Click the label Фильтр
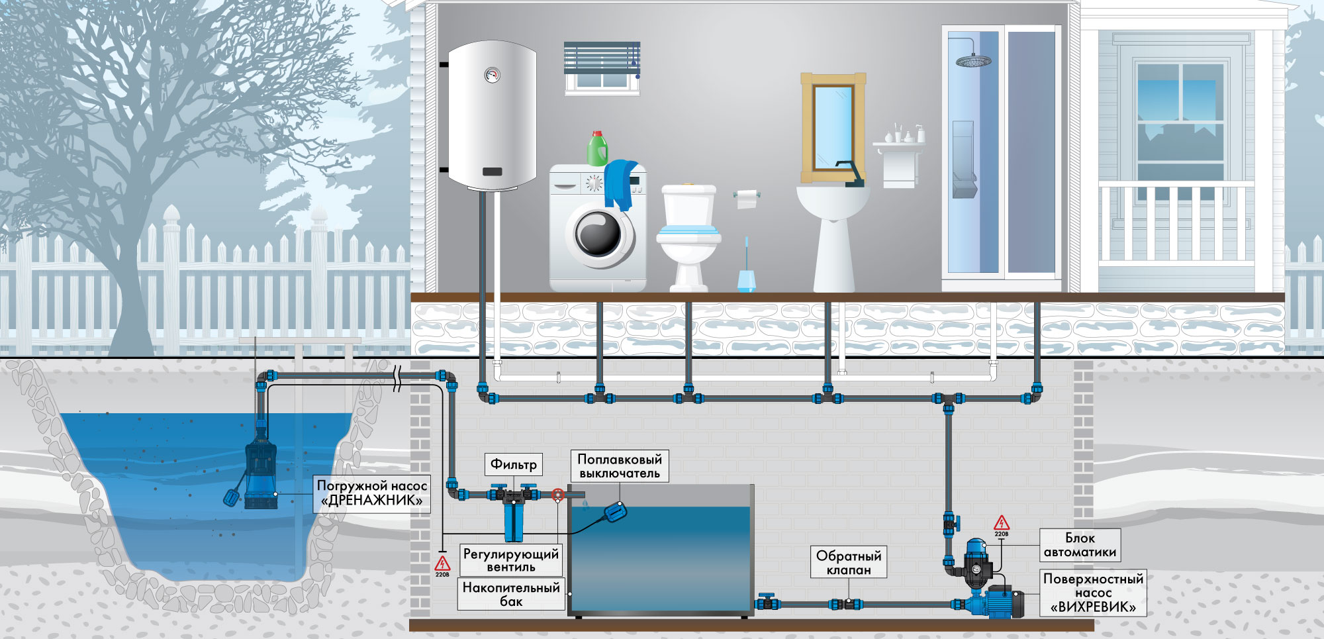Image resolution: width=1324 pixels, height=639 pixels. coord(514,464)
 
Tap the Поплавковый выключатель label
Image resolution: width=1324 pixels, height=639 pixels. coord(620,466)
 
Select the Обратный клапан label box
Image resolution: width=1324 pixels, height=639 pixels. coord(849,562)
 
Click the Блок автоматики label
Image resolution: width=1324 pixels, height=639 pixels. coord(1080,545)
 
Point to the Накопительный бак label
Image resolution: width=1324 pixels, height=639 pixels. coord(511,594)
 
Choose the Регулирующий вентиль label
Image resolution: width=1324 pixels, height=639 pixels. coord(511,560)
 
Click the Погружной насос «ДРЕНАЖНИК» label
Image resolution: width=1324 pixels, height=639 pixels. coord(371,493)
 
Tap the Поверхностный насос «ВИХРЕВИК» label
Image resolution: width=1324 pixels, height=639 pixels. coord(1093,593)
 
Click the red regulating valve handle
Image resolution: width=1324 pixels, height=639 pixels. coord(558,495)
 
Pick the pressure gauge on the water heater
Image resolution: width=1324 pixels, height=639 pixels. coord(492,74)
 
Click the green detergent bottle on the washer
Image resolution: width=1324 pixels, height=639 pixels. coord(598,148)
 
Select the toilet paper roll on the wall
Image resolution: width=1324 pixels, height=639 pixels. coord(747,198)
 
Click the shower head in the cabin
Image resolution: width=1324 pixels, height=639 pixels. coord(973,61)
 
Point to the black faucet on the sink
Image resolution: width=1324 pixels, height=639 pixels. coord(851,173)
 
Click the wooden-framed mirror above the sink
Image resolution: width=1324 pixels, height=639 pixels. coord(833,128)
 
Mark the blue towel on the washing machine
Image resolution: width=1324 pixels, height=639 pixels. coord(620,185)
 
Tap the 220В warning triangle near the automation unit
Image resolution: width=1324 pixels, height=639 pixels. coord(1002,523)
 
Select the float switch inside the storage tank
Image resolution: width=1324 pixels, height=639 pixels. coord(615,511)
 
